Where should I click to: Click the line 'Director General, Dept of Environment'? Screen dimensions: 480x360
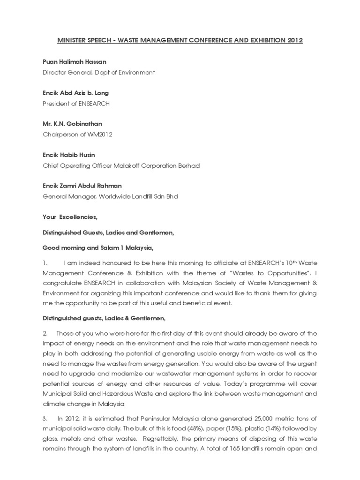pos(98,73)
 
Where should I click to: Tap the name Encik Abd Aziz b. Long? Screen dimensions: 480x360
pos(75,93)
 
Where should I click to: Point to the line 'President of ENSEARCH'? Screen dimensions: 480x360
pos(76,104)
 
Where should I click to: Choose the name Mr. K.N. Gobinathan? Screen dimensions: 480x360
pos(72,124)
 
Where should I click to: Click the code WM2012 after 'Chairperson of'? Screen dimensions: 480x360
pos(103,135)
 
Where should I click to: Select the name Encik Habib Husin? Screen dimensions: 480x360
pos(69,155)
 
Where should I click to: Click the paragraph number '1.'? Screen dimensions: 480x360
pos(45,262)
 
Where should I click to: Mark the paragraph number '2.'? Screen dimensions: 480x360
pos(45,333)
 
